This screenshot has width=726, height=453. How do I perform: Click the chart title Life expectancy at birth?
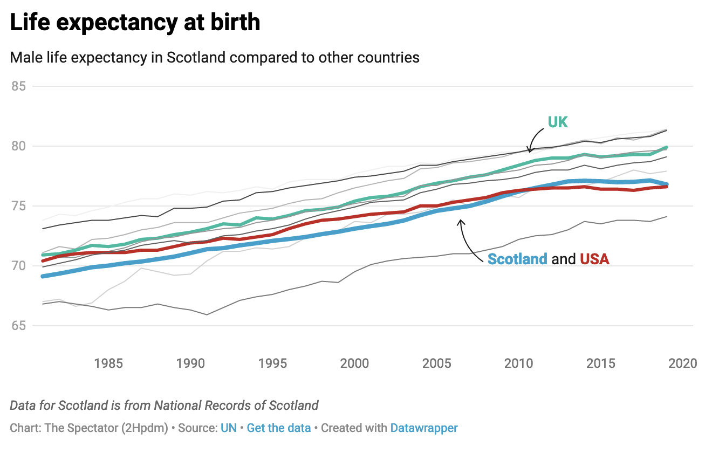click(x=135, y=22)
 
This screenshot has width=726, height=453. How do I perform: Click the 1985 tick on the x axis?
click(x=108, y=363)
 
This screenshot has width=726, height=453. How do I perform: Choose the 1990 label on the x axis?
click(x=190, y=363)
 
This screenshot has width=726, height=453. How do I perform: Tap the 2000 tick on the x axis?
click(x=354, y=363)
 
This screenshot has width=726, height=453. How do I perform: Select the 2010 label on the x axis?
click(x=519, y=363)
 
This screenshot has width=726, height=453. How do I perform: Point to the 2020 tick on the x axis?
click(x=683, y=363)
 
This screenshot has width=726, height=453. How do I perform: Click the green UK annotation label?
click(x=558, y=122)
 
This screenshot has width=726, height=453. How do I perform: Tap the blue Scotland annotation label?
click(x=517, y=259)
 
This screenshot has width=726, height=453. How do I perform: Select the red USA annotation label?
click(x=594, y=259)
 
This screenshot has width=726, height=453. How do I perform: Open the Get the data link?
click(x=279, y=428)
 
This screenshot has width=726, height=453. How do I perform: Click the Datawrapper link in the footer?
click(x=424, y=428)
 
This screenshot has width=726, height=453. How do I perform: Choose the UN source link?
click(x=229, y=428)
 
